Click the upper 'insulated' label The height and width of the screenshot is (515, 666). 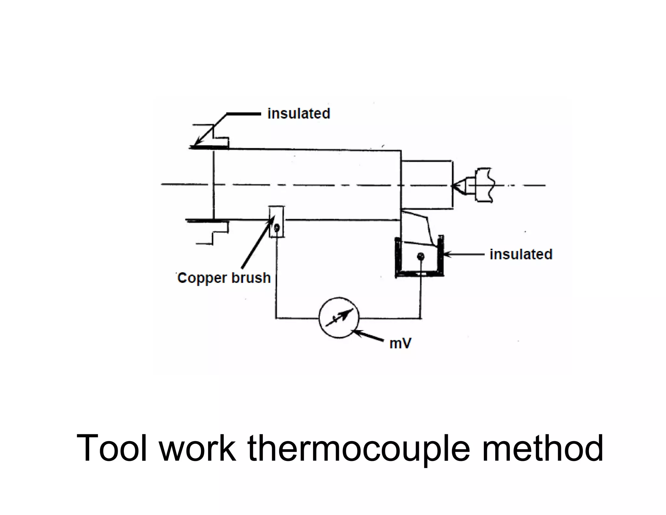pos(299,114)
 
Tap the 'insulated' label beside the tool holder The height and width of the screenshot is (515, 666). pos(521,254)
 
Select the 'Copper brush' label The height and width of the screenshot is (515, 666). pos(224,278)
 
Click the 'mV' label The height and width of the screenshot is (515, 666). pos(400,343)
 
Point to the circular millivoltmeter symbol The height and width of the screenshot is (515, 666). pos(339,318)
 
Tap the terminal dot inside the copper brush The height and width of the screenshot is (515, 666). pos(276,228)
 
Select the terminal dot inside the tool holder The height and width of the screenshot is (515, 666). pos(421,257)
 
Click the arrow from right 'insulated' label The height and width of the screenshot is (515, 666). pos(463,255)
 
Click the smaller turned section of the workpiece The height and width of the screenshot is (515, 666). pos(426,184)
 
